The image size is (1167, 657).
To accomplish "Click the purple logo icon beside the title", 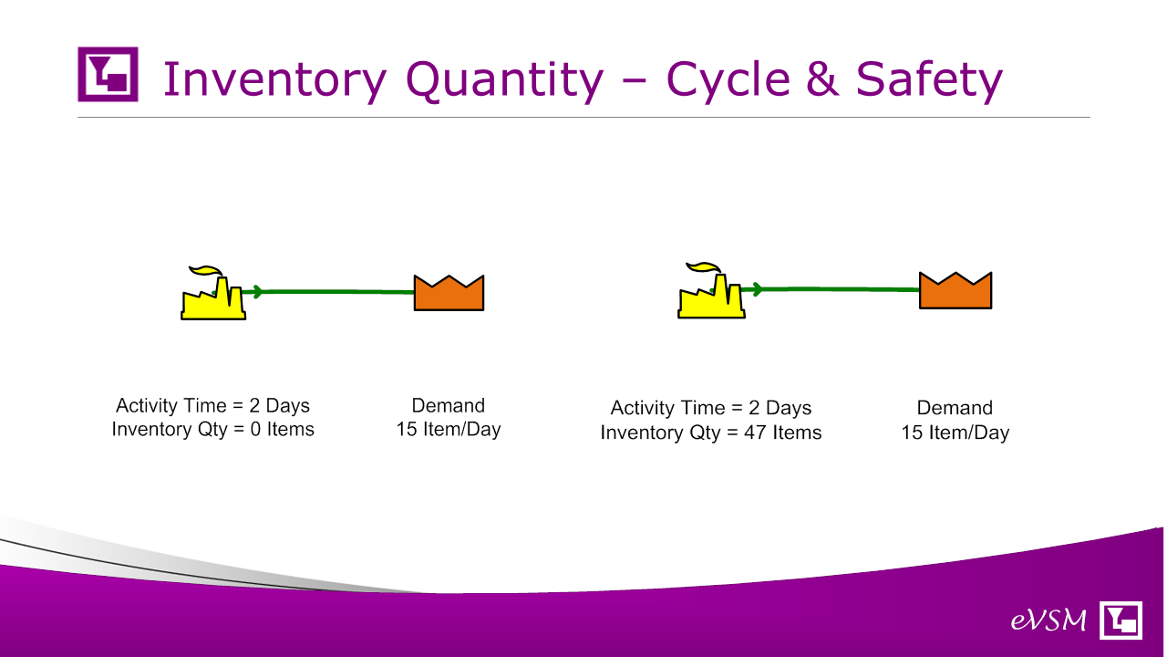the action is point(108,74).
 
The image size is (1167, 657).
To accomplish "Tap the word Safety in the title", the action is point(929,80).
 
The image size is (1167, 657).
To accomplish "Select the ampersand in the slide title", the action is point(822,79).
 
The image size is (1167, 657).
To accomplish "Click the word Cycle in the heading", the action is point(728,80).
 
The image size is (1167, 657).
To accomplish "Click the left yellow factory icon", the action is point(213,293).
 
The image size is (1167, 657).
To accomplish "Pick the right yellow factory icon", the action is point(711,290).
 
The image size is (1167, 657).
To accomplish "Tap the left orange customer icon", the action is point(449,293).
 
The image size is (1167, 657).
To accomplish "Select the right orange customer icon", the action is point(955,290).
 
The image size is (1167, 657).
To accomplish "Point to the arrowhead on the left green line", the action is point(257,291).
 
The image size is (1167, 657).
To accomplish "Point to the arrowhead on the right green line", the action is point(758,289).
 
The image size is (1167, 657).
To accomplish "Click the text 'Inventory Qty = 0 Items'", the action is point(213,430).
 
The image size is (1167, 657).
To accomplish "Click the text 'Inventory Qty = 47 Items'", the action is point(710,433).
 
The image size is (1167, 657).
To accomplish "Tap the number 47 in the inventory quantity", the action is point(755,433).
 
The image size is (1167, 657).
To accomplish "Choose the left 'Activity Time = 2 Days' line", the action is point(212,406).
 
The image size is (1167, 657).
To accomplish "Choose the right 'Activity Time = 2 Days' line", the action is point(710,408).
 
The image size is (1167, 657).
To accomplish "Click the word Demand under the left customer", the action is point(448,406).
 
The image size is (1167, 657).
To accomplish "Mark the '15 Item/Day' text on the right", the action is point(955,433).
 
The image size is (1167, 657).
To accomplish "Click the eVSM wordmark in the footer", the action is point(1048,620).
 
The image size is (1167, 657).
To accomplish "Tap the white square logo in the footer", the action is point(1121,620).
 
